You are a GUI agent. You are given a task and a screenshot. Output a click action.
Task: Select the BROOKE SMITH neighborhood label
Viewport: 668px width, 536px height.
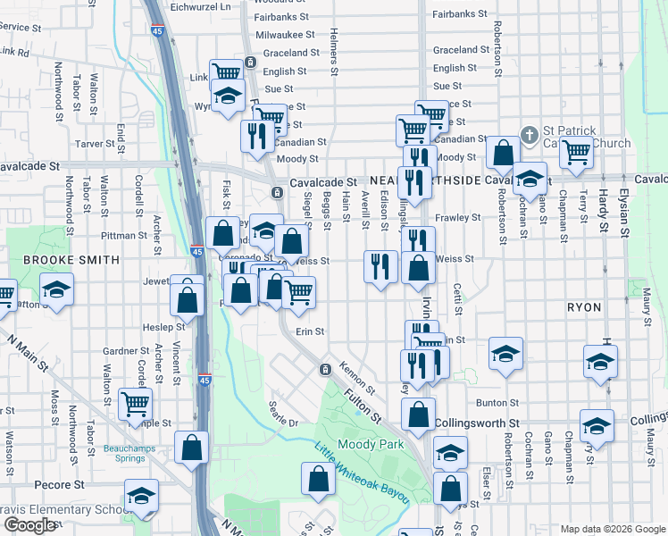[71, 260]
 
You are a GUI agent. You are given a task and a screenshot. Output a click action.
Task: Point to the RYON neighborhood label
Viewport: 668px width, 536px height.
[583, 306]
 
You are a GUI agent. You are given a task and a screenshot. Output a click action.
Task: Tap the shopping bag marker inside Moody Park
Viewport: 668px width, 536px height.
[320, 480]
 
